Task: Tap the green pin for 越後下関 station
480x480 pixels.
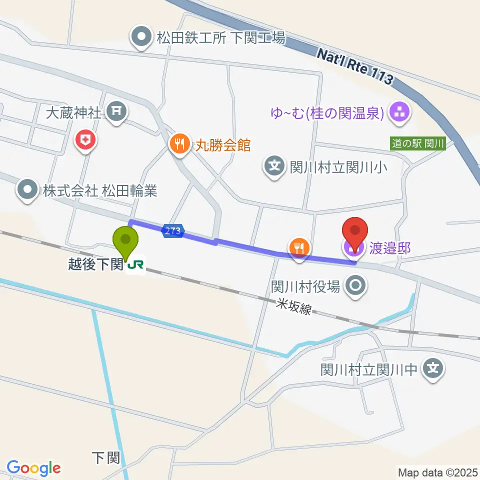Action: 125,241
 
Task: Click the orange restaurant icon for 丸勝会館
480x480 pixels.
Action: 179,144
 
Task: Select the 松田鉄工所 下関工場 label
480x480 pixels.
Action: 208,37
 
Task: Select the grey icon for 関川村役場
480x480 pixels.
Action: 357,286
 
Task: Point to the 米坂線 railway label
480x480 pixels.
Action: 295,306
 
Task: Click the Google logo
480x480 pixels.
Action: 33,468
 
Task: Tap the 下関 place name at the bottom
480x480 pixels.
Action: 106,457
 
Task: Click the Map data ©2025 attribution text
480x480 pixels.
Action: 437,472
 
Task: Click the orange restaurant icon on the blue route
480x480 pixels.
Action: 299,247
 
